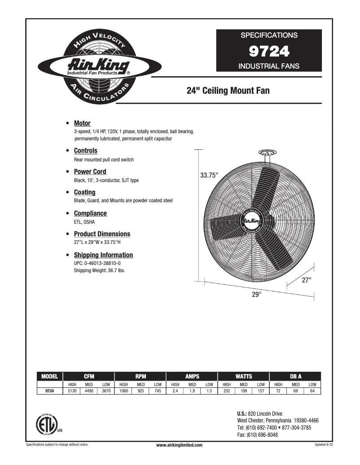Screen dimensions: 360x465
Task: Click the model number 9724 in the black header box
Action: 269,52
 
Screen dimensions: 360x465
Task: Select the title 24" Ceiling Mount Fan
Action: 228,91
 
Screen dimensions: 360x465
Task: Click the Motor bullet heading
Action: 82,123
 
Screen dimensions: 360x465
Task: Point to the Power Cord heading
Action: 90,172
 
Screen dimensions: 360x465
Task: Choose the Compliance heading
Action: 90,213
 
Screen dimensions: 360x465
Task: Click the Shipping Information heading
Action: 103,255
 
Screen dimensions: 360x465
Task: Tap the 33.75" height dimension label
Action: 209,175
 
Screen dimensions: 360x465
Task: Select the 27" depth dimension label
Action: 306,280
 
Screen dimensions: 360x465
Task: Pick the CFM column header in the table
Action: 89,377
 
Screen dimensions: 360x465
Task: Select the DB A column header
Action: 295,377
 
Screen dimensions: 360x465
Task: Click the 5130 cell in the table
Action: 72,391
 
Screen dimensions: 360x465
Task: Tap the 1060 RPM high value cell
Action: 123,391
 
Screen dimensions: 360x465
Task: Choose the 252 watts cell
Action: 227,391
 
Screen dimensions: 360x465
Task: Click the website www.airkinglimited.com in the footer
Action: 180,445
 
